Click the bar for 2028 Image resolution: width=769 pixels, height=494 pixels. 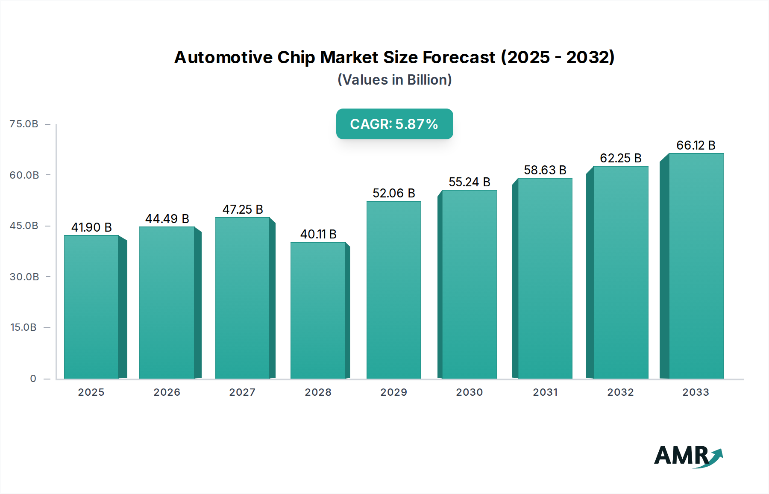tap(318, 310)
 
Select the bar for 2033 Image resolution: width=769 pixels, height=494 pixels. tap(696, 266)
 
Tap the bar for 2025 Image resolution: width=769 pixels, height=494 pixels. tap(91, 307)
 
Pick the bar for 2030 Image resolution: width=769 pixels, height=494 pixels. tap(469, 284)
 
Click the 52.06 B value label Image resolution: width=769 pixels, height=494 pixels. tap(393, 193)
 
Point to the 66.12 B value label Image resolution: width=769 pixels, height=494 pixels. tap(696, 145)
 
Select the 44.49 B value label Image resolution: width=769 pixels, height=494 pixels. tap(167, 219)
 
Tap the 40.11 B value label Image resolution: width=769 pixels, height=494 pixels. tap(318, 234)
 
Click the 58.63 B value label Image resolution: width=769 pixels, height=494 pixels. tap(545, 170)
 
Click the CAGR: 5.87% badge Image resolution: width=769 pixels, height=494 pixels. tap(394, 124)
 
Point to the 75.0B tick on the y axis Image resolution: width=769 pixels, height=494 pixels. tap(24, 124)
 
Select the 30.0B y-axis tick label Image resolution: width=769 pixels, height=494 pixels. tap(24, 276)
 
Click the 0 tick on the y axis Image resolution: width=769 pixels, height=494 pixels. tap(33, 378)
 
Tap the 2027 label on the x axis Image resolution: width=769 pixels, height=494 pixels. tap(242, 392)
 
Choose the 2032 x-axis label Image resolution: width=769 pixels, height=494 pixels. tap(620, 392)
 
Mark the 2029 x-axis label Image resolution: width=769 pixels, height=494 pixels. tap(393, 392)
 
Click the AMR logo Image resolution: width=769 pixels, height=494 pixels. tap(688, 456)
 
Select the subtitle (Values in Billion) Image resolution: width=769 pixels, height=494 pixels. tap(394, 80)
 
